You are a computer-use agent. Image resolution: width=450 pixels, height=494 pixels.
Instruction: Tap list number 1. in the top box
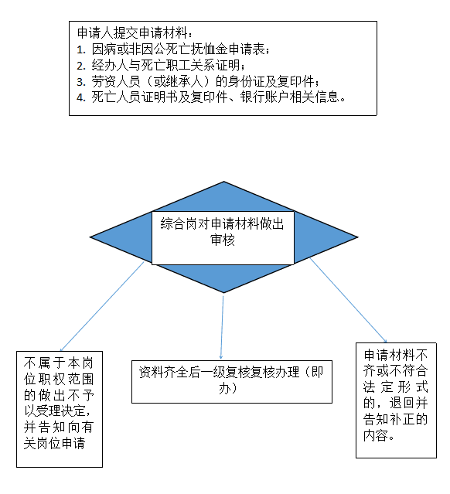coord(81,49)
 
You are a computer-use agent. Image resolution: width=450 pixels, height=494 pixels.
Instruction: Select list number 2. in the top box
coord(81,66)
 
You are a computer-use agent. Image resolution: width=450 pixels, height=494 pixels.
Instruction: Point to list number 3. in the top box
coord(81,82)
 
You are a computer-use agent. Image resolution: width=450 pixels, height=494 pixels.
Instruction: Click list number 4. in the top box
coord(81,97)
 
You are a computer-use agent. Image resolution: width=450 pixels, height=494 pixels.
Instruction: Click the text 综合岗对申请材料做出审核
coord(223,232)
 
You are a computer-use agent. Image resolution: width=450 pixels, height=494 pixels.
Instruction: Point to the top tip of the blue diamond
coord(223,182)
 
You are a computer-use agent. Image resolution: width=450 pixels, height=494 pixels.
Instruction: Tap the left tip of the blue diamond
coord(90,237)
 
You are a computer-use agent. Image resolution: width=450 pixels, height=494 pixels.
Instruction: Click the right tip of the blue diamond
coord(358,237)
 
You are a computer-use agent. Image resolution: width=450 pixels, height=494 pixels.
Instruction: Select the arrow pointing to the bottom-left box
coord(102,306)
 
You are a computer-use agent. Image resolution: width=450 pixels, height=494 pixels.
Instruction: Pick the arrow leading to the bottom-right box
coord(348,300)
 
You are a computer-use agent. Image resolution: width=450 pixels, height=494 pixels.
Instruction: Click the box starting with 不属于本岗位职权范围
coord(60,409)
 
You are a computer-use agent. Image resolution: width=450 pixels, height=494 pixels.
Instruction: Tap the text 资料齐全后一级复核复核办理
coord(220,372)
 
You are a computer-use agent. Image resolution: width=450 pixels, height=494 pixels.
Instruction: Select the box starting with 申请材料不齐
coord(396,400)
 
